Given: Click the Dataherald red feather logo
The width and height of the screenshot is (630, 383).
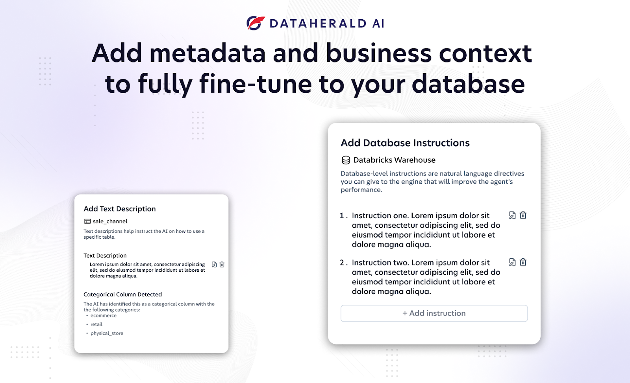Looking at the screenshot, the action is [256, 23].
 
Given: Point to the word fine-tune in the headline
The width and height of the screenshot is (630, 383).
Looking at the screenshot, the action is [256, 83].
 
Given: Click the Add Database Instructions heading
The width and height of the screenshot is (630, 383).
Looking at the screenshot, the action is [405, 143].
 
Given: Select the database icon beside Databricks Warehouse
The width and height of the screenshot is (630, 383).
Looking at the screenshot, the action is [346, 160].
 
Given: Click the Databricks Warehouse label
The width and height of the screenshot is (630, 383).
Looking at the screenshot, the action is [394, 160].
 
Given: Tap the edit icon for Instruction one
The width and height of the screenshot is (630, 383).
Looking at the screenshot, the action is [512, 215].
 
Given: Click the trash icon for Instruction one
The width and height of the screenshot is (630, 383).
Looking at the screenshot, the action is [523, 215].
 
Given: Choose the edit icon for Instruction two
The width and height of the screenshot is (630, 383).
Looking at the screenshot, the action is [512, 262].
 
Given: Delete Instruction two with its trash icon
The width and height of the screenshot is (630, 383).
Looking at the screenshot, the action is [523, 262].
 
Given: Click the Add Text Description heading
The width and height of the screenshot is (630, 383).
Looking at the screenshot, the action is [120, 209].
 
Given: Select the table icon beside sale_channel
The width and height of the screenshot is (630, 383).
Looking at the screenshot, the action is [87, 221].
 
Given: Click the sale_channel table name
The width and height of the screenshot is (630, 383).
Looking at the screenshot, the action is [110, 221].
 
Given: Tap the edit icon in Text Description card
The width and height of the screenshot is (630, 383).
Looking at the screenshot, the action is [214, 265].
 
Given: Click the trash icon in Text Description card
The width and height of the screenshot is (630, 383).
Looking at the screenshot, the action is [222, 265].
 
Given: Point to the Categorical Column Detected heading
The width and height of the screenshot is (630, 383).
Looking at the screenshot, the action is [122, 294].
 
